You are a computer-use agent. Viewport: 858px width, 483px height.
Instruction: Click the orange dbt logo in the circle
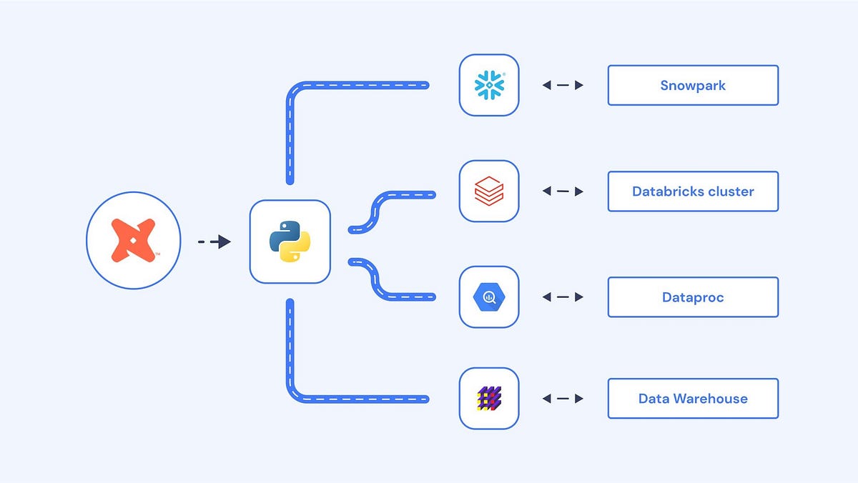pyautogui.click(x=133, y=241)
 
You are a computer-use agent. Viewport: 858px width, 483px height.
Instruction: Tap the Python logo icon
pyautogui.click(x=290, y=241)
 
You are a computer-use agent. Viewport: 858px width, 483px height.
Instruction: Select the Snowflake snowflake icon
pyautogui.click(x=489, y=85)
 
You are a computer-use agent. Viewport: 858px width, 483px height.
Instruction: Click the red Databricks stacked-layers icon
pyautogui.click(x=489, y=191)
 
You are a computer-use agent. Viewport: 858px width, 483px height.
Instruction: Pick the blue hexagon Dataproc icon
pyautogui.click(x=489, y=297)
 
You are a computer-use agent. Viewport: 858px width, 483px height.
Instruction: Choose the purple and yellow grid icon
pyautogui.click(x=489, y=398)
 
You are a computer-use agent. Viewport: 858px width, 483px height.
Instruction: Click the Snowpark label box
pyautogui.click(x=692, y=85)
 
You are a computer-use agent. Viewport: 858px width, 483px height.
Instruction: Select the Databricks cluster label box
pyautogui.click(x=692, y=191)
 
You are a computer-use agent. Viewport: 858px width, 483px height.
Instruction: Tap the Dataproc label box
pyautogui.click(x=692, y=297)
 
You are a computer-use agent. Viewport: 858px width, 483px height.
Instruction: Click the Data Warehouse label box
pyautogui.click(x=692, y=399)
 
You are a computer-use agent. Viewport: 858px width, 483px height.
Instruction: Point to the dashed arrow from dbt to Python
pyautogui.click(x=214, y=242)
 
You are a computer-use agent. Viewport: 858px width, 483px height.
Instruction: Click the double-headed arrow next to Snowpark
pyautogui.click(x=563, y=85)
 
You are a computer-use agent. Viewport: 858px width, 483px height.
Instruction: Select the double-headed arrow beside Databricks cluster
pyautogui.click(x=563, y=191)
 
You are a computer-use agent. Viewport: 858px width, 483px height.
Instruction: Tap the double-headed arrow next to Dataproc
pyautogui.click(x=563, y=297)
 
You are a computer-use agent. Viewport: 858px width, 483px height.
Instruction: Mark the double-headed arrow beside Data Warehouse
pyautogui.click(x=563, y=399)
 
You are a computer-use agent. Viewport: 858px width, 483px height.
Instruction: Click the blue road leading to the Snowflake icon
pyautogui.click(x=357, y=85)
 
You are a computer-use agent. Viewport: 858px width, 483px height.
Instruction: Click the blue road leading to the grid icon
pyautogui.click(x=357, y=398)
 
